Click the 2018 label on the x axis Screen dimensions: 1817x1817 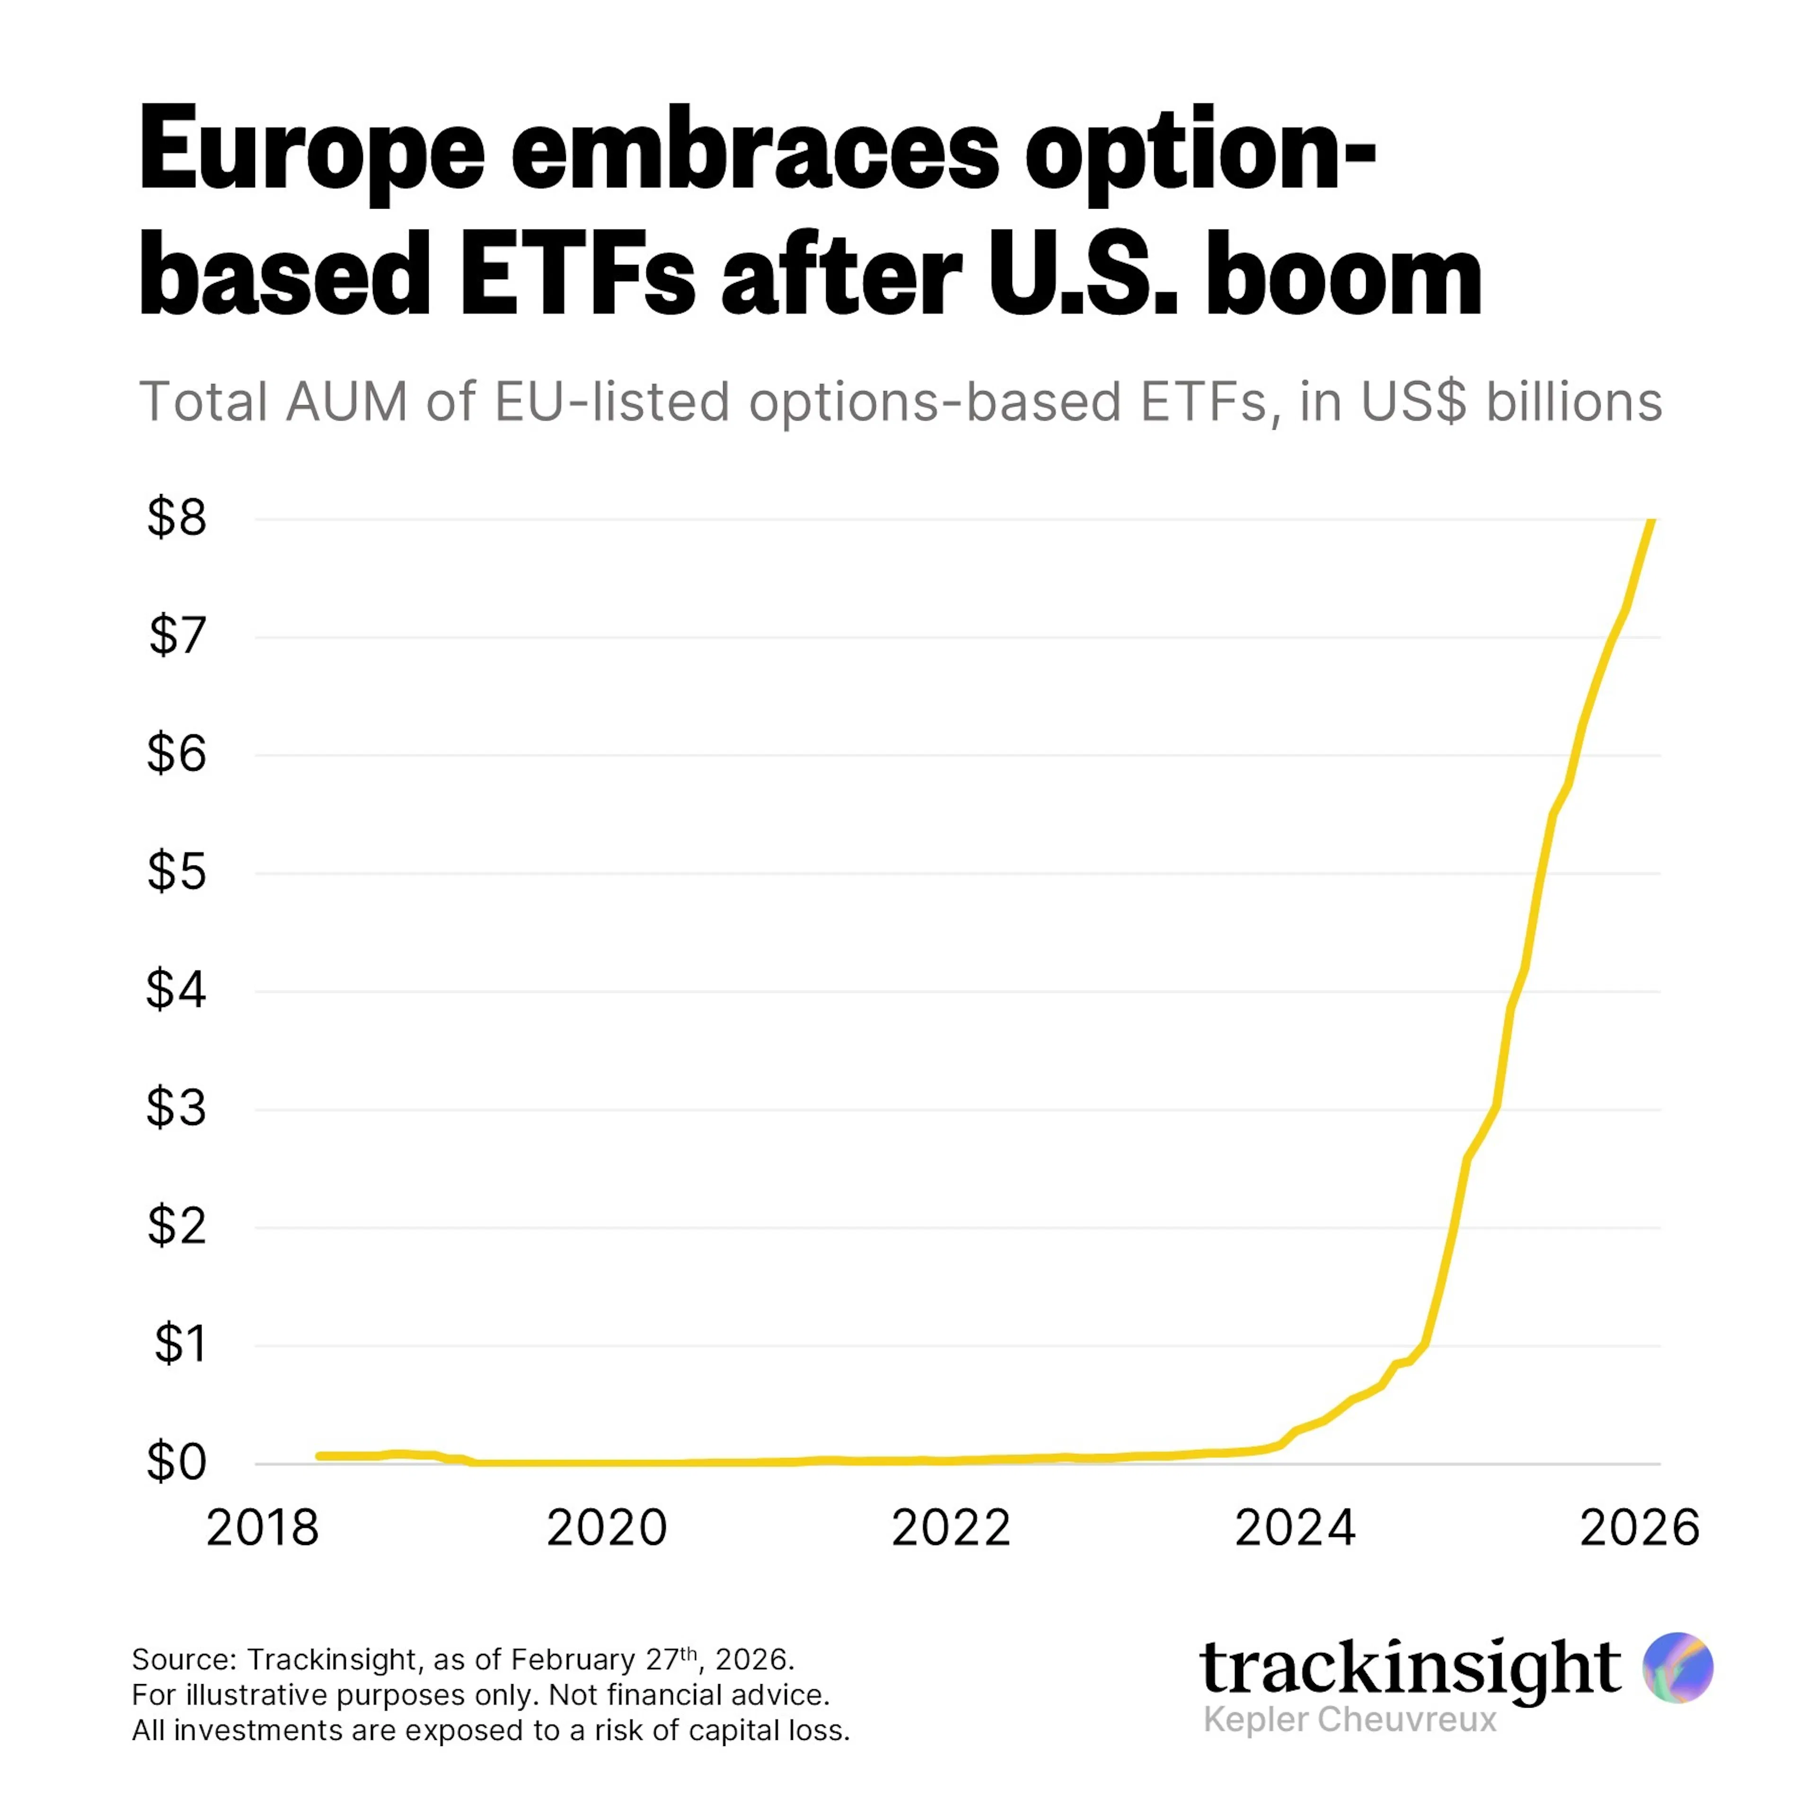tap(263, 1528)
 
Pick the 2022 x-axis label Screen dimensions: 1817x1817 tap(951, 1528)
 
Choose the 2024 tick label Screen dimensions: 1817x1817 tap(1295, 1528)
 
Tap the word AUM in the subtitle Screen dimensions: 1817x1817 tap(347, 403)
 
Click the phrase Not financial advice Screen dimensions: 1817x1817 tap(689, 1695)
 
